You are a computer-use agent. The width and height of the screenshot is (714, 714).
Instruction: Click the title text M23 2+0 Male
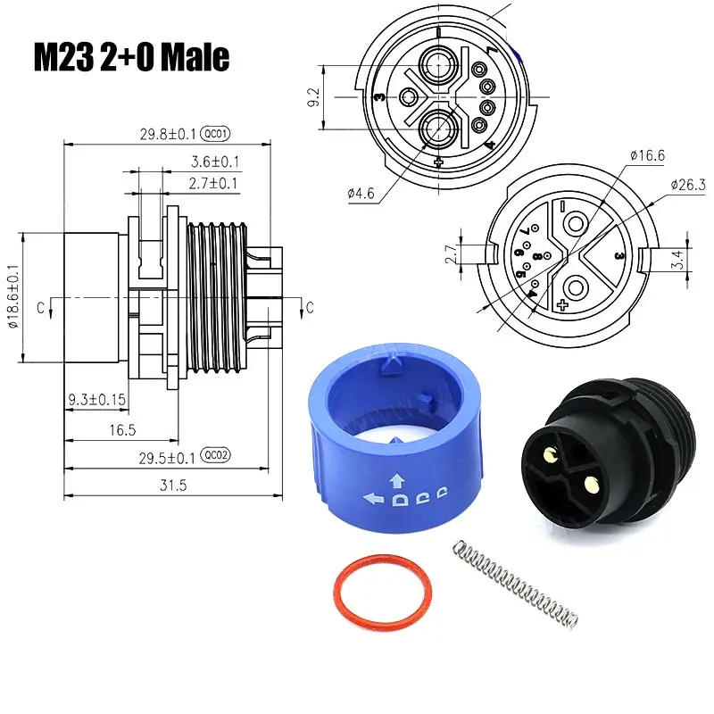click(133, 57)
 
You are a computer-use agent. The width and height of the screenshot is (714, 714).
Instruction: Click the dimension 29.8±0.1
click(170, 135)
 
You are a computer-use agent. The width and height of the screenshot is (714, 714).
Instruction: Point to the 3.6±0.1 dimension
click(214, 162)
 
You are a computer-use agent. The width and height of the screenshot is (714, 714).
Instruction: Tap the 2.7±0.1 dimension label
click(214, 183)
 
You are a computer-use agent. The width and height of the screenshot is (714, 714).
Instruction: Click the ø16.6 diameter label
click(646, 155)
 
